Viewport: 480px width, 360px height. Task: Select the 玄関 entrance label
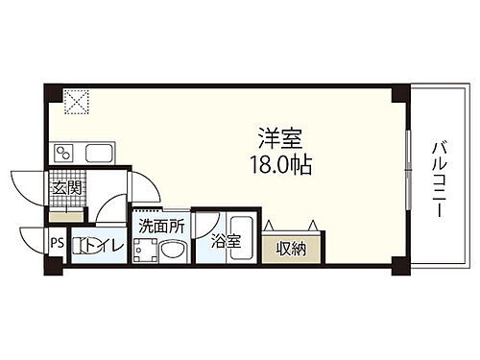click(x=63, y=187)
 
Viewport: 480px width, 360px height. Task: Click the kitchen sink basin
click(x=99, y=152)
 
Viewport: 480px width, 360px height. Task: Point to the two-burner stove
click(x=66, y=152)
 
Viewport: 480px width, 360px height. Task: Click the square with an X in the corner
click(x=75, y=99)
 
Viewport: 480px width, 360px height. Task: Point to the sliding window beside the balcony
click(x=410, y=179)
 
